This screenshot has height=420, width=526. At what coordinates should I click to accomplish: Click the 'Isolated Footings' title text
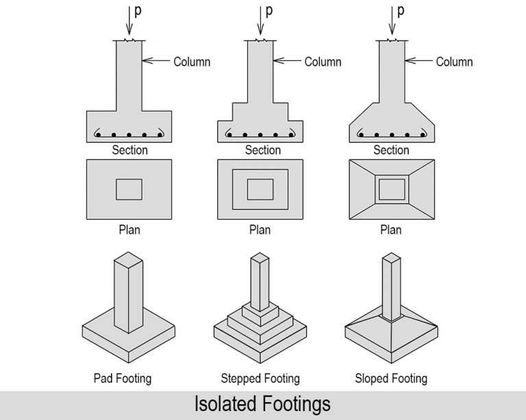(263, 404)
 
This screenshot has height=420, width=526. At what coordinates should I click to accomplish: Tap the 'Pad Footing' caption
(123, 378)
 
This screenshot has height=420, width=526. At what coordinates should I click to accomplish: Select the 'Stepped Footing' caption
(260, 378)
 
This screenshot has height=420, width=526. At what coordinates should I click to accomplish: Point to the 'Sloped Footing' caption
(391, 378)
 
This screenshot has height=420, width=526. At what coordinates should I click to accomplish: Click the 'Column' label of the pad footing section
(192, 62)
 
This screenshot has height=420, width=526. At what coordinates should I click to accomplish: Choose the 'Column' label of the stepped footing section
(323, 62)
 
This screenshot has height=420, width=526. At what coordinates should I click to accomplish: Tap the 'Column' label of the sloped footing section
(454, 62)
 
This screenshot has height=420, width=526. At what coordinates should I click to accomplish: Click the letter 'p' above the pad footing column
(137, 12)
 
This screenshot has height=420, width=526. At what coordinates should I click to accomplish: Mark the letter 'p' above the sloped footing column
(401, 12)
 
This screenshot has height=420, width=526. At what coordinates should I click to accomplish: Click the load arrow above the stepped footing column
(260, 21)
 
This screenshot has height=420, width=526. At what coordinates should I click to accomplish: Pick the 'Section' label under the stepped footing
(263, 150)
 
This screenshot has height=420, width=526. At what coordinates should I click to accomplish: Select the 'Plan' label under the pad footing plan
(129, 230)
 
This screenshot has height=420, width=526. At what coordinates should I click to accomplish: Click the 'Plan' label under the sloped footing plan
(391, 230)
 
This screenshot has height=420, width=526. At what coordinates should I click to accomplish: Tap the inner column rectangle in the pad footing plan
(129, 189)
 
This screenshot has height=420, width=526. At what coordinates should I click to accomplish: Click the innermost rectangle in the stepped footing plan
(260, 189)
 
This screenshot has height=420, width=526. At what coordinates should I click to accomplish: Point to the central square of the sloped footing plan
(391, 187)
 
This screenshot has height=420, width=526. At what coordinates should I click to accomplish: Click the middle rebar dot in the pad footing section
(129, 135)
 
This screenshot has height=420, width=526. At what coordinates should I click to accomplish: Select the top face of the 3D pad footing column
(129, 258)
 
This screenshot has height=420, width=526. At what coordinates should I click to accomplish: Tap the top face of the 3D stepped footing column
(260, 258)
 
